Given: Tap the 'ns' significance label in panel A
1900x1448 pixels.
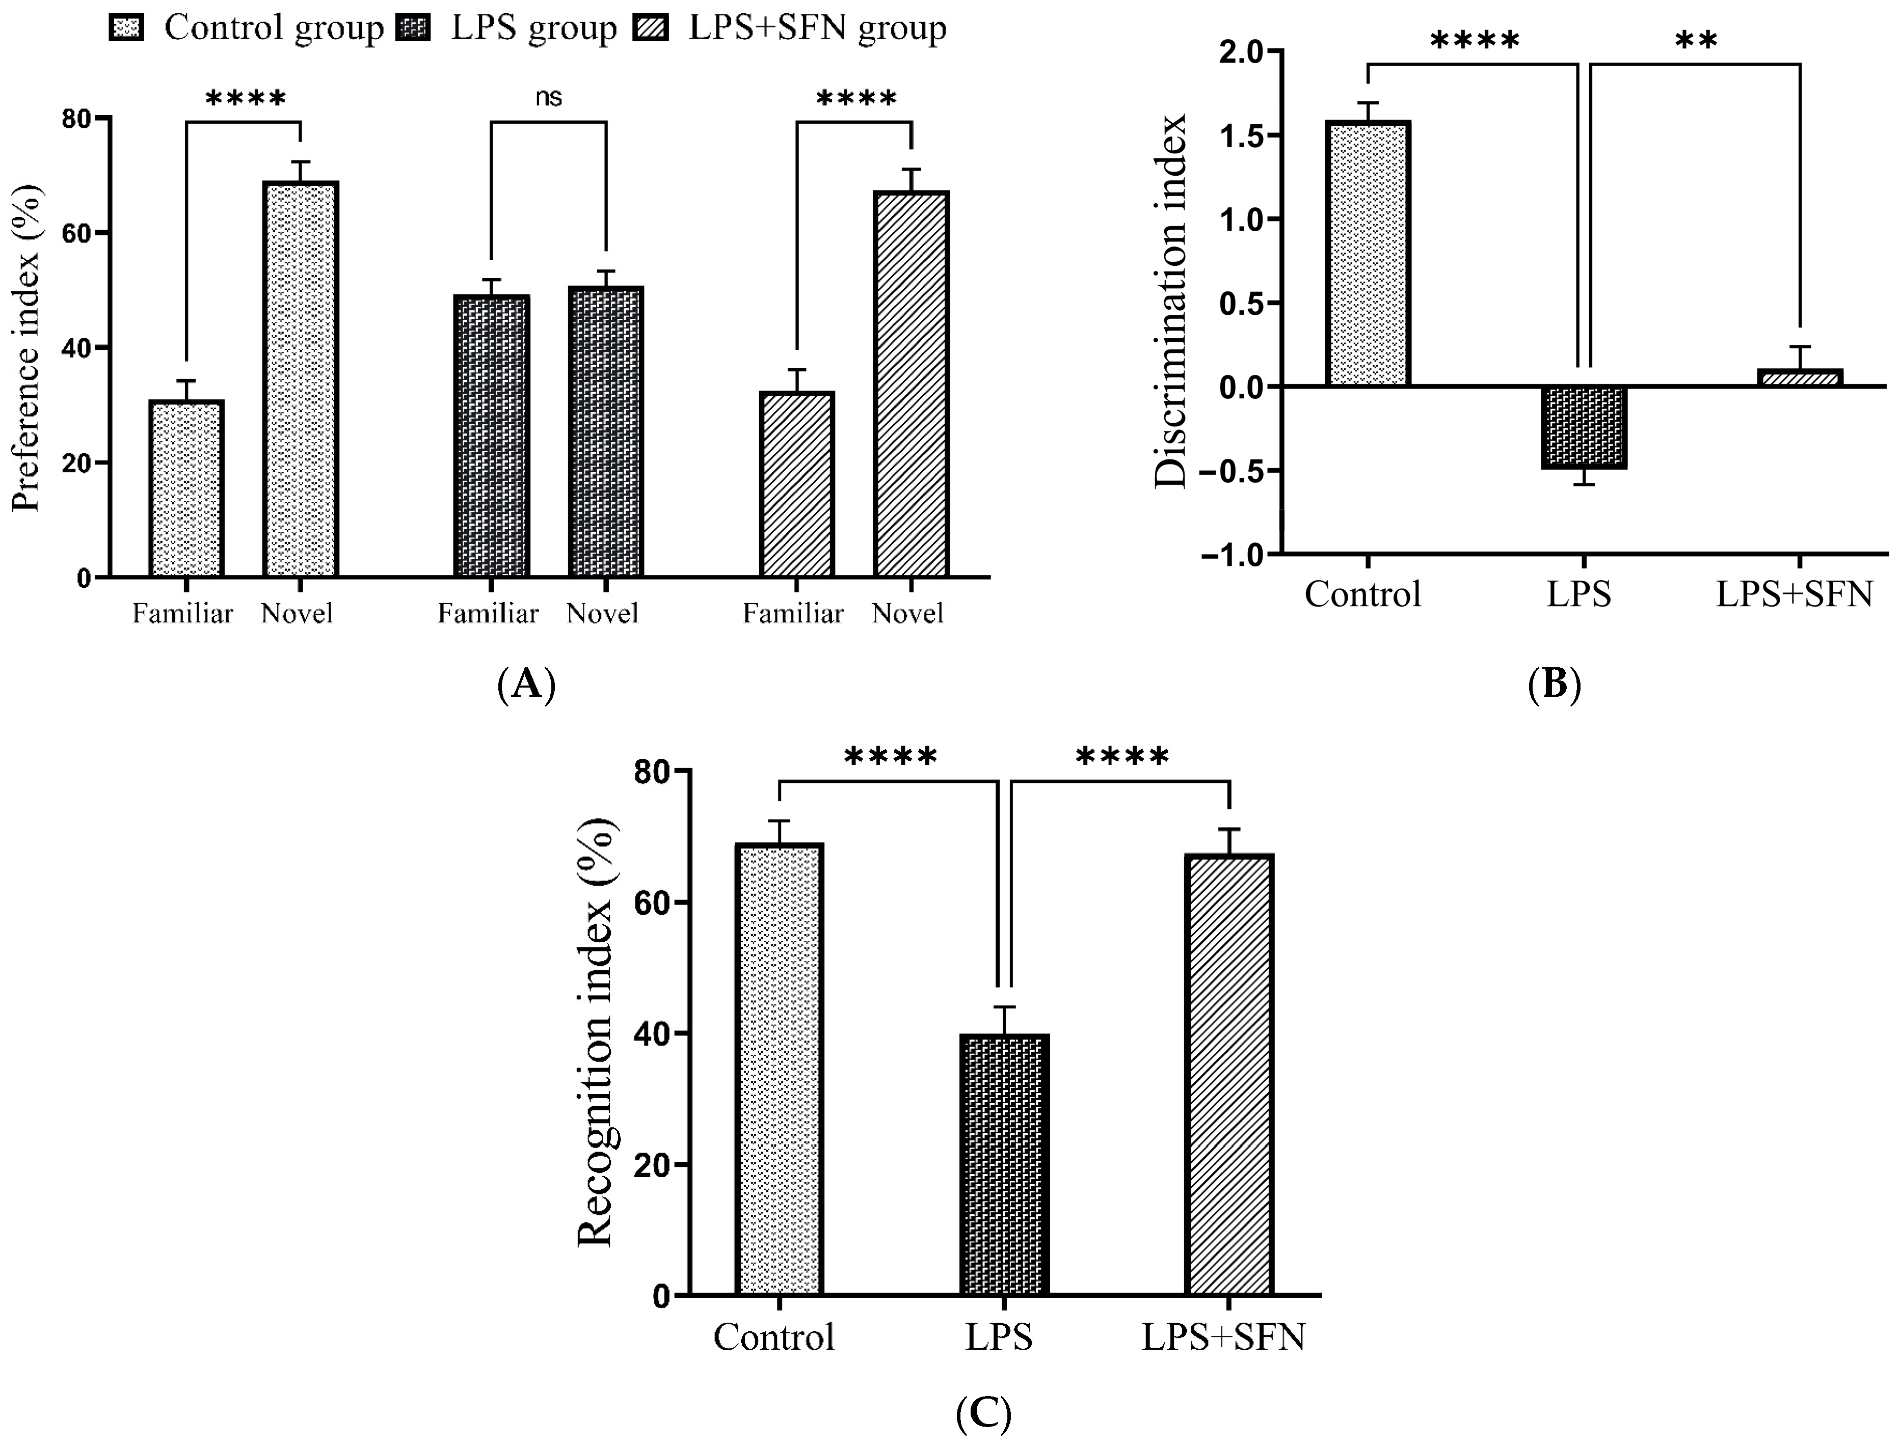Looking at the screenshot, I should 548,97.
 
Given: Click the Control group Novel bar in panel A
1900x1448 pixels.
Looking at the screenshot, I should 301,379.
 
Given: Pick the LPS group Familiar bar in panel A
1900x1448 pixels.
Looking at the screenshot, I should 491,436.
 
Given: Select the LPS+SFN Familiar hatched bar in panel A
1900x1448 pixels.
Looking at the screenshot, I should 796,484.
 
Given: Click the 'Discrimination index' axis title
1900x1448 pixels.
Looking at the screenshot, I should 1171,302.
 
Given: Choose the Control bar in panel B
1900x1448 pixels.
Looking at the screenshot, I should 1367,254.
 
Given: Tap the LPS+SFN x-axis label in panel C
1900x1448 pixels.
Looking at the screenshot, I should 1223,1337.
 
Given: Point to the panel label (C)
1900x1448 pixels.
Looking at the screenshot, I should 983,1413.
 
